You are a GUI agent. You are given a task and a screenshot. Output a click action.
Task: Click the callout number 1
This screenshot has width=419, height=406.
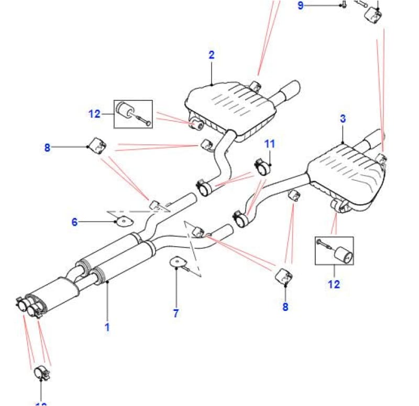pyautogui.click(x=107, y=328)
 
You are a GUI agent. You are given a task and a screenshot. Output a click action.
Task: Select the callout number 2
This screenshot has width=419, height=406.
pyautogui.click(x=211, y=55)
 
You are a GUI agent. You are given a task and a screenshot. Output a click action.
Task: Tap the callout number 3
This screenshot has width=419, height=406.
pyautogui.click(x=343, y=119)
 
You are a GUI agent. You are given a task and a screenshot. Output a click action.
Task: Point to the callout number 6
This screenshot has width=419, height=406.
pyautogui.click(x=74, y=222)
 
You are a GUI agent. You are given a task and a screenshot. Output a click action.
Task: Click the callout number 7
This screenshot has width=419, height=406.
pyautogui.click(x=176, y=313)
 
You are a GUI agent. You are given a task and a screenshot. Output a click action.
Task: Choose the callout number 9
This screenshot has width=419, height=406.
pyautogui.click(x=300, y=6)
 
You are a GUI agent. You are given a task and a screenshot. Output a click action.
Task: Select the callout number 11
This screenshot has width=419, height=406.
pyautogui.click(x=269, y=143)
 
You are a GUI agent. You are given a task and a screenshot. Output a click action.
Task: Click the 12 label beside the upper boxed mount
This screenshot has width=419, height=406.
pyautogui.click(x=94, y=113)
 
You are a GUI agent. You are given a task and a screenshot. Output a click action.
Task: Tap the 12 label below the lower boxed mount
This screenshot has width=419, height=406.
pyautogui.click(x=334, y=284)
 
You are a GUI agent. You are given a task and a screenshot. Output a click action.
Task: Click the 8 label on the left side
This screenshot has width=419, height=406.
pyautogui.click(x=47, y=147)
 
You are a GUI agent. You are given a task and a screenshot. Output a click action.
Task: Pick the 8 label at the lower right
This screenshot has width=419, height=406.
pyautogui.click(x=285, y=307)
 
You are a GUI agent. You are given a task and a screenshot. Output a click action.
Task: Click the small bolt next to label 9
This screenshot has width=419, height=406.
pyautogui.click(x=343, y=5)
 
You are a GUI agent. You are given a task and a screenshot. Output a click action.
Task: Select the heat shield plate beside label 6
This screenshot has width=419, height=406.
pyautogui.click(x=123, y=222)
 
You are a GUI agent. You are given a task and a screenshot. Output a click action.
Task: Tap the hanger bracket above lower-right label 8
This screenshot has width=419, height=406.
pyautogui.click(x=284, y=277)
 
